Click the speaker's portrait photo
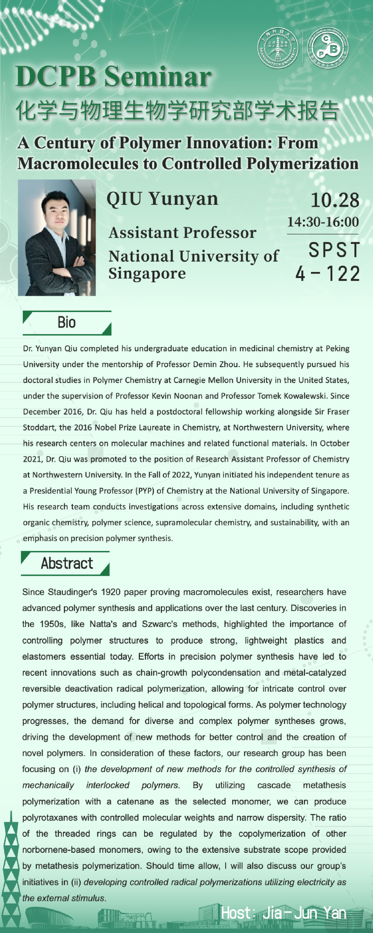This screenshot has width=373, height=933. tap(57, 238)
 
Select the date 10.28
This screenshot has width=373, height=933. tap(335, 200)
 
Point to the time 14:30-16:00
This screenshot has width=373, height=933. tap(323, 222)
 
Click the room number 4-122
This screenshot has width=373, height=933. tap(328, 274)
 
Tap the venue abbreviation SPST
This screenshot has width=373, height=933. tap(334, 250)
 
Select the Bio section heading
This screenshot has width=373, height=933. tap(67, 323)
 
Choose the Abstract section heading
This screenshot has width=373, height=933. tap(67, 564)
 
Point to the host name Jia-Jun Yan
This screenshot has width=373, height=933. tap(304, 913)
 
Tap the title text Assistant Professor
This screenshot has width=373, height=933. tap(182, 232)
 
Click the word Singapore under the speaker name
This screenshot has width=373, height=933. tap(147, 273)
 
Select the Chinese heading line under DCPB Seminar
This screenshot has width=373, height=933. tap(177, 111)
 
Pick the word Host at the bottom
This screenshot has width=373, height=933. tap(237, 913)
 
